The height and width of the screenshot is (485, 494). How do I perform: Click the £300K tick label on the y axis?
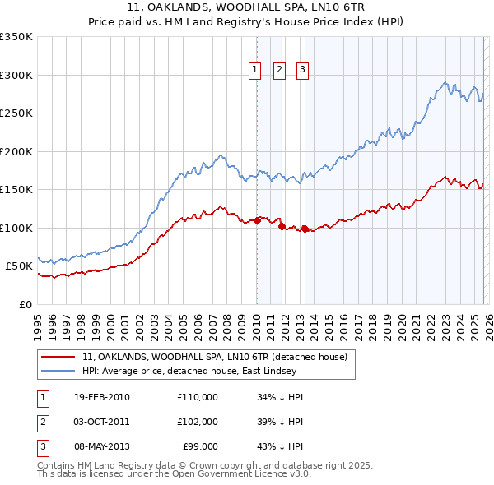(16, 75)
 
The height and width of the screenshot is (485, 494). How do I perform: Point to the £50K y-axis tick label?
(19, 266)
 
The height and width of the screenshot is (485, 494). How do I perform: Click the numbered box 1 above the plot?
(256, 71)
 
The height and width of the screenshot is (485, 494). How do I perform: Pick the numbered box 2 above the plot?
(279, 71)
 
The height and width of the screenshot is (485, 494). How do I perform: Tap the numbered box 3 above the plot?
(302, 71)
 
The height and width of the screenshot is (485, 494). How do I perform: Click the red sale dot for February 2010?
(257, 219)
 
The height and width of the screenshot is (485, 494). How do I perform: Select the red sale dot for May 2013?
(305, 229)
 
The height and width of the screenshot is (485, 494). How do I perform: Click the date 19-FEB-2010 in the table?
(101, 397)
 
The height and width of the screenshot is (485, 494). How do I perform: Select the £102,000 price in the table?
(198, 422)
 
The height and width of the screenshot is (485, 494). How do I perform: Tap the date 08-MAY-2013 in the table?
(102, 446)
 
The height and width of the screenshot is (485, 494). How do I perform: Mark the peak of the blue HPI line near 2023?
(445, 82)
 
